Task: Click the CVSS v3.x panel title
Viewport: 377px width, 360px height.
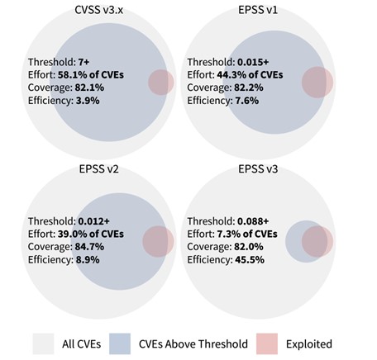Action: [94, 9]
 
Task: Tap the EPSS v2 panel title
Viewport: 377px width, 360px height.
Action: [94, 171]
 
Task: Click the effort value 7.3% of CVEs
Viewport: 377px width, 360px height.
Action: [252, 234]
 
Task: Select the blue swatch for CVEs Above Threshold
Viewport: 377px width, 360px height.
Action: [122, 343]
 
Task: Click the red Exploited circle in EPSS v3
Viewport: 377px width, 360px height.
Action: [317, 242]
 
